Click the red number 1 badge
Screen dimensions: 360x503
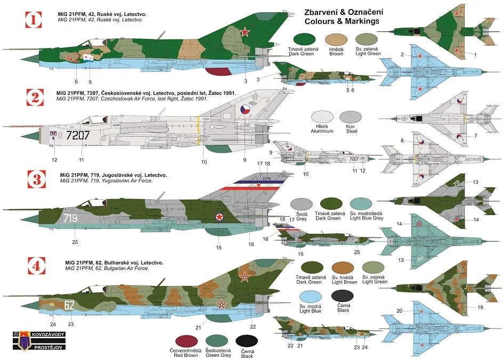click(34, 21)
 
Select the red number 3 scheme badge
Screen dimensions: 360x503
click(34, 180)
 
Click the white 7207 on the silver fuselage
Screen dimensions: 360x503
click(78, 135)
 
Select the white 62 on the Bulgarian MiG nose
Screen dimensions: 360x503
click(69, 305)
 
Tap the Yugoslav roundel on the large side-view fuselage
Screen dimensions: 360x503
click(217, 217)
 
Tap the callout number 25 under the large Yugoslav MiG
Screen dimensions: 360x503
click(75, 243)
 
